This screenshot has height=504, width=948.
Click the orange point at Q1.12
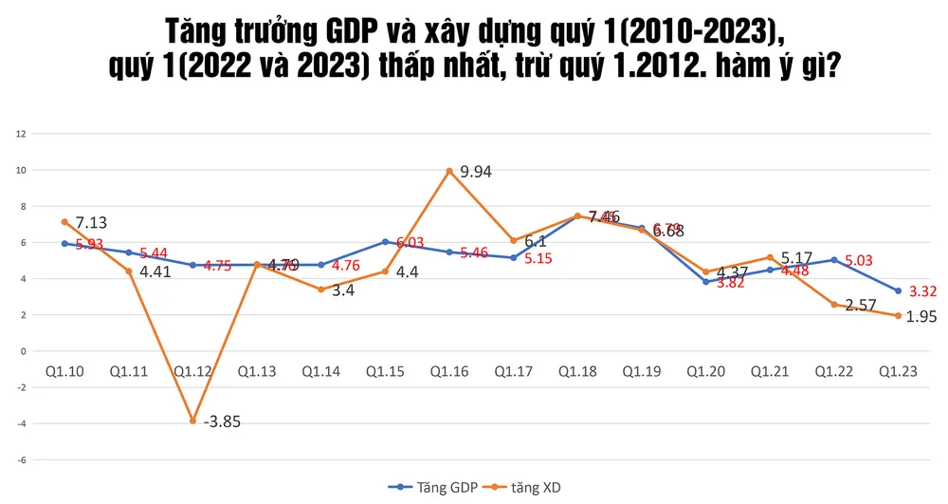pyautogui.click(x=192, y=420)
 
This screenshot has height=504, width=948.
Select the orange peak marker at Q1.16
pyautogui.click(x=448, y=171)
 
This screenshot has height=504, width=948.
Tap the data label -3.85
pyautogui.click(x=222, y=422)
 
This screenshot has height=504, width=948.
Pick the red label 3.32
pyautogui.click(x=923, y=291)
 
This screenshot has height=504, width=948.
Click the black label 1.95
pyautogui.click(x=921, y=317)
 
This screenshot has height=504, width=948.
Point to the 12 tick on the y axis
pyautogui.click(x=21, y=134)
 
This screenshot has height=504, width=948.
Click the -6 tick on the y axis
pyautogui.click(x=20, y=459)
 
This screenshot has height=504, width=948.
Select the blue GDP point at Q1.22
pyautogui.click(x=833, y=259)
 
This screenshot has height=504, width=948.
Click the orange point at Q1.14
pyautogui.click(x=321, y=289)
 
